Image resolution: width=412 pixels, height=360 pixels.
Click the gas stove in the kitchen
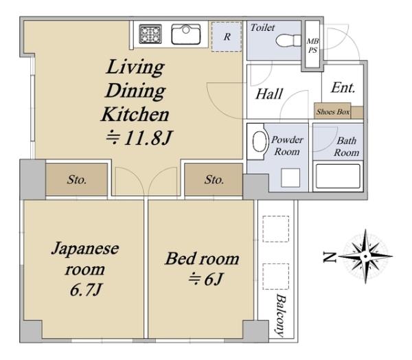150,34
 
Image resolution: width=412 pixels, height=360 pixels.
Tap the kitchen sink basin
186,34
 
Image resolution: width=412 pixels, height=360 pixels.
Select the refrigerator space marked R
227,36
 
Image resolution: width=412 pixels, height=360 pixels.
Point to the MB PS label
312,45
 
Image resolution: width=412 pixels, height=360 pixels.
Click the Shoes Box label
332,112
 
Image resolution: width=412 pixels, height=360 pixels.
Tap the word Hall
269,94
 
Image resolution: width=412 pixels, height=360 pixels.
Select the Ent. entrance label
343,87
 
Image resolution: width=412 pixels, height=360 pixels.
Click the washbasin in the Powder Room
260,142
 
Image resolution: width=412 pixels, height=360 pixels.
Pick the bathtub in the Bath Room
338,176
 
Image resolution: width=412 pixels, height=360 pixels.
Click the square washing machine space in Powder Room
290,178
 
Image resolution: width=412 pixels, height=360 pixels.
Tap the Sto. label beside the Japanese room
76,179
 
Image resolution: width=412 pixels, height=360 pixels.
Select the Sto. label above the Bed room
214,179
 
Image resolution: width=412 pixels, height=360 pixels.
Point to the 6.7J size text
86,290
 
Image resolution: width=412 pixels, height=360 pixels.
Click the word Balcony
280,315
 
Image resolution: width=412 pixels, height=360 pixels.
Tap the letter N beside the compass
330,257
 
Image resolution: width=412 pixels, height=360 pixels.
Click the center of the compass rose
365,256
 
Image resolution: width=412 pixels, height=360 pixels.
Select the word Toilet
262,27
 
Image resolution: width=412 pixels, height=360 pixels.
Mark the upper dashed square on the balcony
276,229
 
